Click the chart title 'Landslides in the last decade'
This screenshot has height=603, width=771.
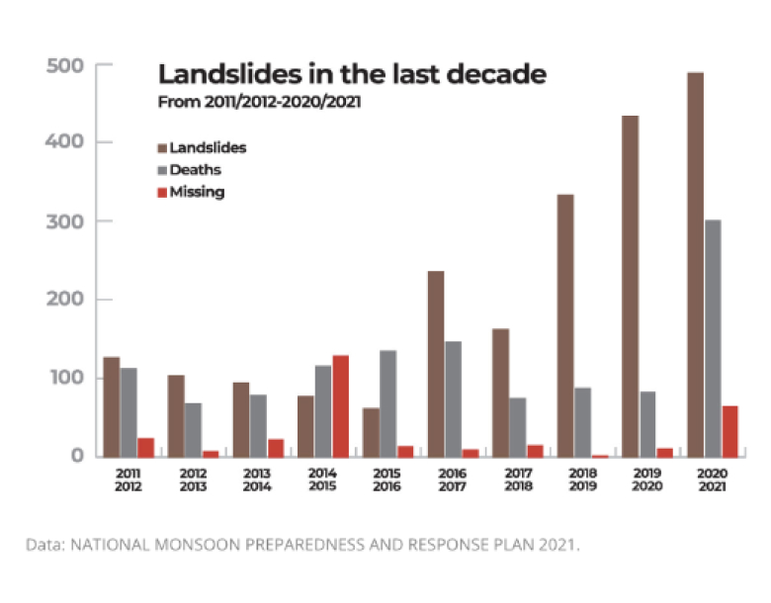(x=353, y=75)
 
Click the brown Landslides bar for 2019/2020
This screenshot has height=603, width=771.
(x=630, y=286)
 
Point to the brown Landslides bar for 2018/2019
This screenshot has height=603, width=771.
(x=566, y=325)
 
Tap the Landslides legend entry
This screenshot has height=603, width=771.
(x=202, y=148)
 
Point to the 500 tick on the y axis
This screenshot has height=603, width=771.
(x=67, y=65)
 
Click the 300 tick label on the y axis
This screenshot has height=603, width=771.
(x=67, y=221)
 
